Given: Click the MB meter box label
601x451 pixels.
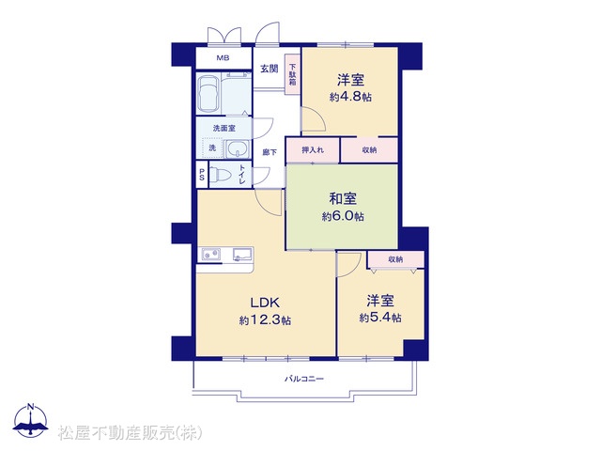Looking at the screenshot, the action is click(223, 58).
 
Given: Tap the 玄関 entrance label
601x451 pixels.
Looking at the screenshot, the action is click(270, 69).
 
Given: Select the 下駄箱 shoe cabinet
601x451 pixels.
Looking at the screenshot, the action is click(292, 75).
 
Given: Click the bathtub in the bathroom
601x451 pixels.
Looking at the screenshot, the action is click(208, 94).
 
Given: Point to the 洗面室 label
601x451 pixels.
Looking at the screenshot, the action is click(223, 129).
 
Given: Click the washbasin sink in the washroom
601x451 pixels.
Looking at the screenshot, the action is click(238, 149).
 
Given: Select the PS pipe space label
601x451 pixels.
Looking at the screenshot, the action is click(202, 176).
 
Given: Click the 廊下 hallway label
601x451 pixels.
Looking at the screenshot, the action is click(270, 152).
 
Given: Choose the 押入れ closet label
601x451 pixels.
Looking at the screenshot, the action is click(313, 150).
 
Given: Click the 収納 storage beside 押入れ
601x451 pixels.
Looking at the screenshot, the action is click(369, 150).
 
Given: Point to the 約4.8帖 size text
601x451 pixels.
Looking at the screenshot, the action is click(350, 97).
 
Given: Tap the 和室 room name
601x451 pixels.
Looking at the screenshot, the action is click(343, 199).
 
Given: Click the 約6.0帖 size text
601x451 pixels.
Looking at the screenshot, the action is click(343, 217).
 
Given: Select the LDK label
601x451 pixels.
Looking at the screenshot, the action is click(265, 303).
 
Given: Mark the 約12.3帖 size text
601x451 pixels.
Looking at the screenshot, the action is click(265, 319).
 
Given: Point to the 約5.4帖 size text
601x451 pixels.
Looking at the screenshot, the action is click(380, 318).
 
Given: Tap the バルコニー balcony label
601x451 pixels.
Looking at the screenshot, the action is click(304, 380).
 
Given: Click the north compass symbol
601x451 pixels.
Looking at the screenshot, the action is click(31, 420).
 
